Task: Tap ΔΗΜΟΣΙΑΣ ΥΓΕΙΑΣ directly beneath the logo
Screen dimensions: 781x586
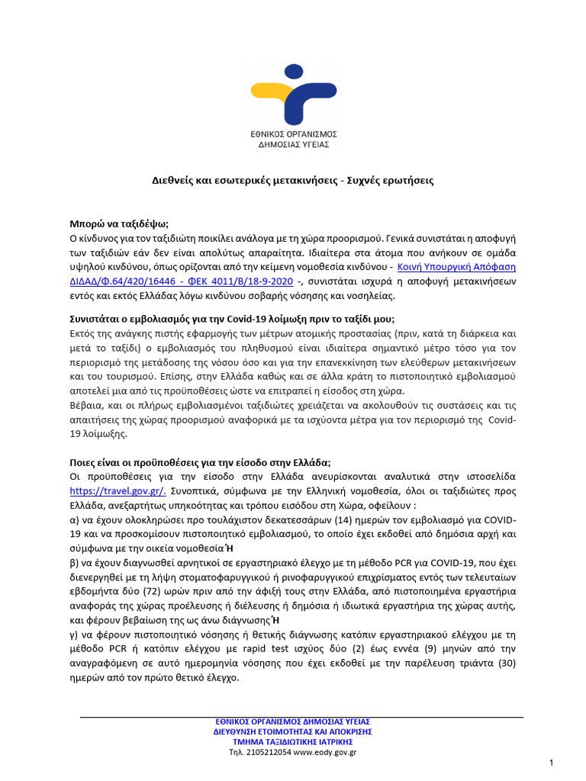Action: click(x=294, y=143)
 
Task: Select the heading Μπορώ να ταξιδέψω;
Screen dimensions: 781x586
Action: click(x=119, y=225)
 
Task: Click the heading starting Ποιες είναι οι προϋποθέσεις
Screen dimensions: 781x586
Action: click(x=200, y=461)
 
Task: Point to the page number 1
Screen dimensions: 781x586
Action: click(x=551, y=763)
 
